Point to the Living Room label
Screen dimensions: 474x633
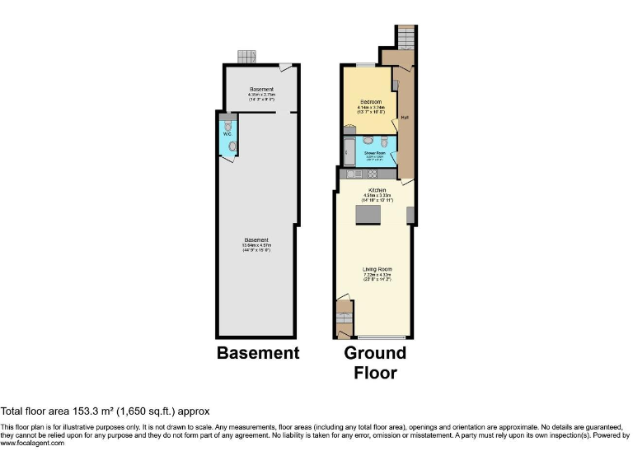[x=377, y=269]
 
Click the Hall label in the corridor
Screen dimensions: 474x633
[x=405, y=117]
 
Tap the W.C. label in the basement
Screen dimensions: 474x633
[x=226, y=134]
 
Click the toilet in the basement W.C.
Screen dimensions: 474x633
[x=232, y=146]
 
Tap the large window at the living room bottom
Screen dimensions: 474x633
[x=381, y=337]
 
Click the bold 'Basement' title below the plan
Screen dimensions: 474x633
[x=258, y=353]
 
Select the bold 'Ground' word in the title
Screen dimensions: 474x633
[x=375, y=353]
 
